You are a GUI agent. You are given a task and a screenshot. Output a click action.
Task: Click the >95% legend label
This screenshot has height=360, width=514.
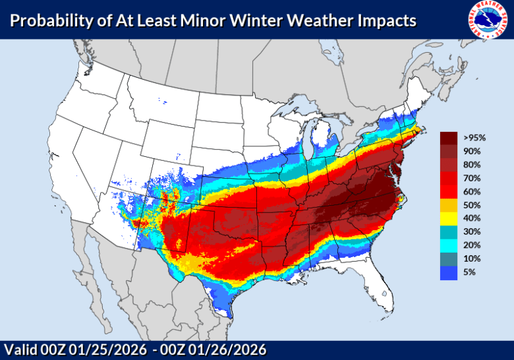pyautogui.click(x=474, y=138)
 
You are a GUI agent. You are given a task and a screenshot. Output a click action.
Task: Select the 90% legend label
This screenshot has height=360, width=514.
pyautogui.click(x=472, y=151)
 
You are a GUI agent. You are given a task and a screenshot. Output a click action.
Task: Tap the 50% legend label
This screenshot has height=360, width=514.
pyautogui.click(x=472, y=205)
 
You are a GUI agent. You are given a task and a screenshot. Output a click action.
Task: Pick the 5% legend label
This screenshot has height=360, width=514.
pyautogui.click(x=469, y=272)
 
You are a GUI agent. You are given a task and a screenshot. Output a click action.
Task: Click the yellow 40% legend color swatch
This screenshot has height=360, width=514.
pyautogui.click(x=449, y=218)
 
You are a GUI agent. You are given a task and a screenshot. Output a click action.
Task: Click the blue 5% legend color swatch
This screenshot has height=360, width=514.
pyautogui.click(x=449, y=272)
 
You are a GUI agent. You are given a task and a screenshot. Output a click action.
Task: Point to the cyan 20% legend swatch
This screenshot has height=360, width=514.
pyautogui.click(x=449, y=245)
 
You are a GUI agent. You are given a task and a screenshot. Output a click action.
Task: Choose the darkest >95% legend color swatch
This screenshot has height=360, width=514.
pyautogui.click(x=449, y=138)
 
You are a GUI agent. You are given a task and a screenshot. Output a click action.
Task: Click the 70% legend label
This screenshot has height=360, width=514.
pyautogui.click(x=472, y=178)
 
